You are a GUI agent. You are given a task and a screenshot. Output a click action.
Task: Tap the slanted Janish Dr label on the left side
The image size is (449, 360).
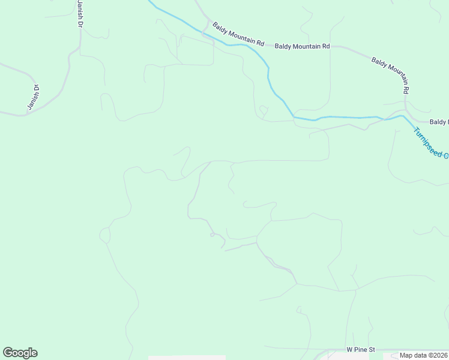pyautogui.click(x=33, y=97)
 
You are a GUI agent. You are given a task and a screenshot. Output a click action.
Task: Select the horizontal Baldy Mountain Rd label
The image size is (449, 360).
pyautogui.click(x=303, y=46)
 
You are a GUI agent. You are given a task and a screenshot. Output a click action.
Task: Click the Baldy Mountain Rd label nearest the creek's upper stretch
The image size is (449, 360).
pyautogui.click(x=238, y=34)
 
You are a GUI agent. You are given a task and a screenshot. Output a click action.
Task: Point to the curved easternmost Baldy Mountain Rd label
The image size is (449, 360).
pyautogui.click(x=391, y=75)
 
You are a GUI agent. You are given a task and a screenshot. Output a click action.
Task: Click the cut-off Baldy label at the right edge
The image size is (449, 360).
pyautogui.click(x=439, y=122)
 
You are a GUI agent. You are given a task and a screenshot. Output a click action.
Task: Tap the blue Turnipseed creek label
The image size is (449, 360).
pyautogui.click(x=430, y=142)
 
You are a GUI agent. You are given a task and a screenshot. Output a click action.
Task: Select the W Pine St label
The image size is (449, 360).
pyautogui.click(x=360, y=349)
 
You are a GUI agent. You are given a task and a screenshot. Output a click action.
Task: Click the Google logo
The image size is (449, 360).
pyautogui.click(x=20, y=353)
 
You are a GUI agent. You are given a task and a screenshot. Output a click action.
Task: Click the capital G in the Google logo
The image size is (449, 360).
pyautogui.click(x=8, y=353)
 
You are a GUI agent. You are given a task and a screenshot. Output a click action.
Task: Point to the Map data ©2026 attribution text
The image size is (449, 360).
pyautogui.click(x=423, y=355)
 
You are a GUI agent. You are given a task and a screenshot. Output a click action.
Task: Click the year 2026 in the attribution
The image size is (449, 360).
pyautogui.click(x=439, y=355)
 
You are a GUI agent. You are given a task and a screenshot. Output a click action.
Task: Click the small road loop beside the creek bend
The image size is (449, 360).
pyautogui.click(x=263, y=111)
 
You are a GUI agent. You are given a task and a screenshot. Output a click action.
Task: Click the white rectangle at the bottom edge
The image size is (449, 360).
pyautogui.click(x=187, y=358)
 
